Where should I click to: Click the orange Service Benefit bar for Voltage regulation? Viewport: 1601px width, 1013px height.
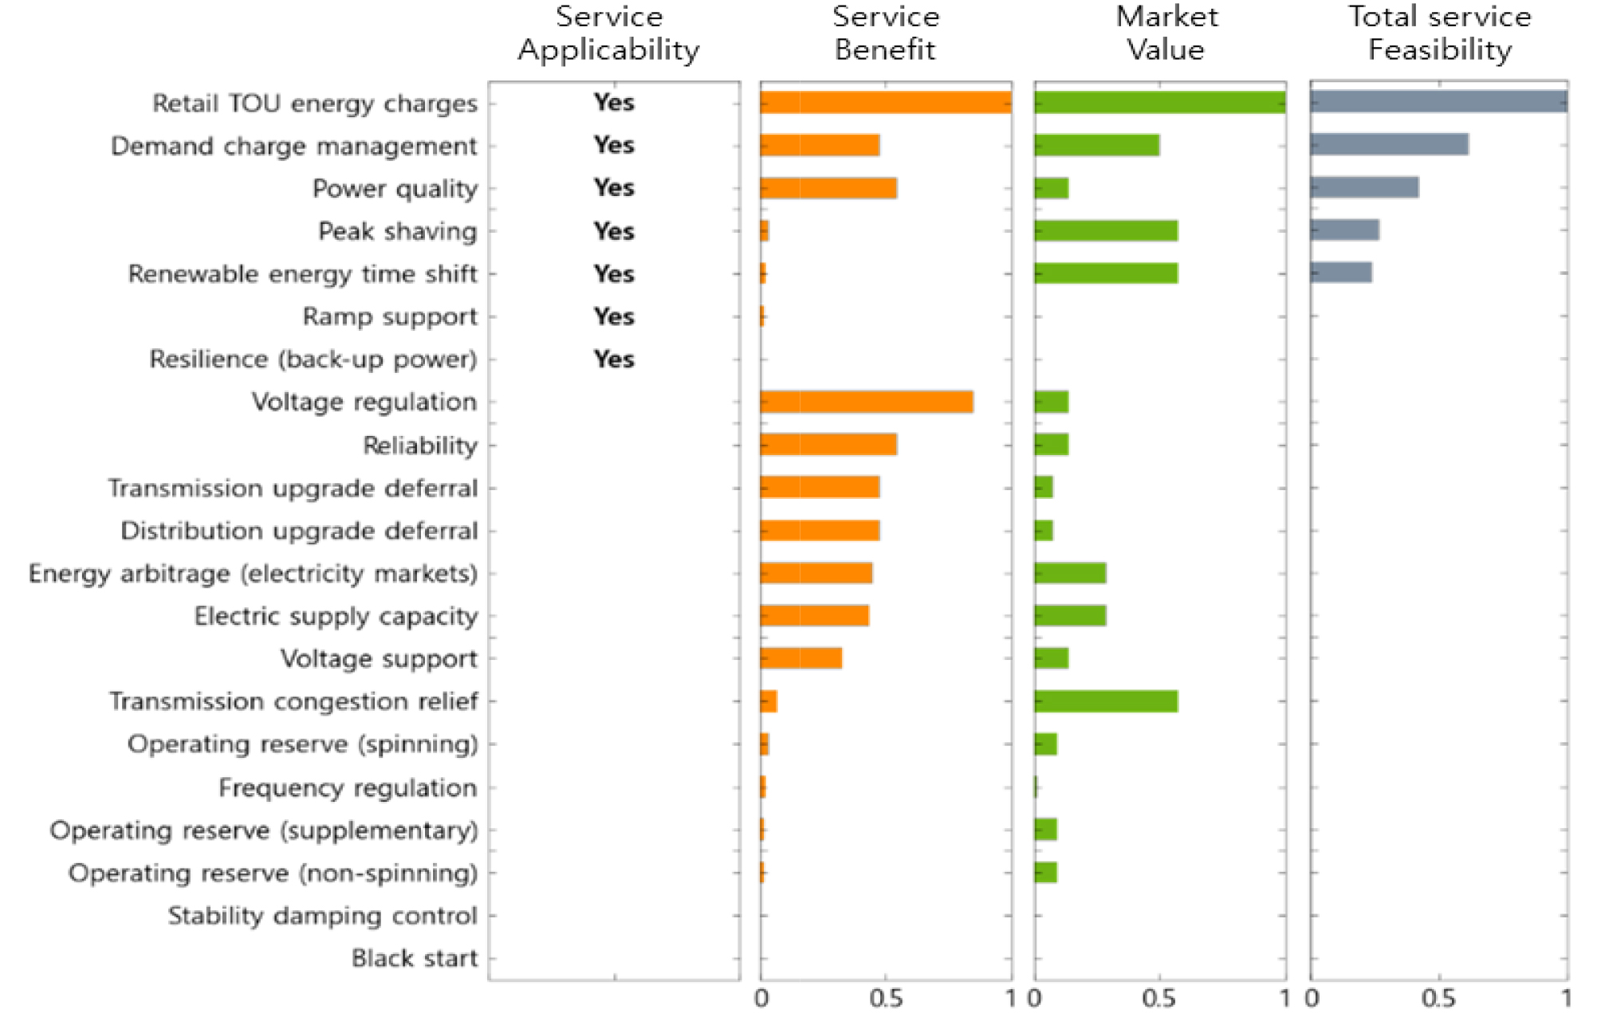click(x=867, y=402)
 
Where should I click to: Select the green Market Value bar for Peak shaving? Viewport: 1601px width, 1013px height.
click(x=1106, y=231)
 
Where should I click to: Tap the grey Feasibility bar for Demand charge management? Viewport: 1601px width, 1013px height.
click(x=1389, y=145)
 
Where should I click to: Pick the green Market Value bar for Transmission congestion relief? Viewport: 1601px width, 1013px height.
click(x=1106, y=701)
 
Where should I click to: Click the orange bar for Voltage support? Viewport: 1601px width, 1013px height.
click(x=800, y=658)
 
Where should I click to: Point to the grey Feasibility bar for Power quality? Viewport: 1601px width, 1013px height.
click(x=1364, y=188)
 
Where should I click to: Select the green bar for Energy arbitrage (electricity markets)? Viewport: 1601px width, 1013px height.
click(x=1070, y=573)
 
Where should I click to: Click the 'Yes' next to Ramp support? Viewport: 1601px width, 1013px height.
click(x=614, y=316)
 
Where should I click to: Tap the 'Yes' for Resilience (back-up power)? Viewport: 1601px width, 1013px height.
click(x=614, y=359)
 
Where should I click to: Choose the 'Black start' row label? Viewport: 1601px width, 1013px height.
click(x=415, y=958)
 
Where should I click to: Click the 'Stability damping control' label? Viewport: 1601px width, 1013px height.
click(x=322, y=916)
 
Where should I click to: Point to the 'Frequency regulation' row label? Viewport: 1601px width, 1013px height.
click(x=348, y=787)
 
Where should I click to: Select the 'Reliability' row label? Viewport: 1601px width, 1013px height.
click(x=420, y=445)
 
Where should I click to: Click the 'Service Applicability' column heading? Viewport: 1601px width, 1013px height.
click(x=609, y=33)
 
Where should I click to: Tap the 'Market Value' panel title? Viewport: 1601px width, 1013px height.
click(x=1166, y=33)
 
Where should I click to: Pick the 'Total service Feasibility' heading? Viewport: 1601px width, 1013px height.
click(x=1440, y=33)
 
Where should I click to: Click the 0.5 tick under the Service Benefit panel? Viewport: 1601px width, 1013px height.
click(x=886, y=998)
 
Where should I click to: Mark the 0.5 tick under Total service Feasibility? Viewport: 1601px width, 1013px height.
click(x=1438, y=998)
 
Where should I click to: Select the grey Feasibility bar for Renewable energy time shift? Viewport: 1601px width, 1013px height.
click(x=1341, y=273)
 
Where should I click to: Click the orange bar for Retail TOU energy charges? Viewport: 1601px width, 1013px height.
click(x=886, y=103)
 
